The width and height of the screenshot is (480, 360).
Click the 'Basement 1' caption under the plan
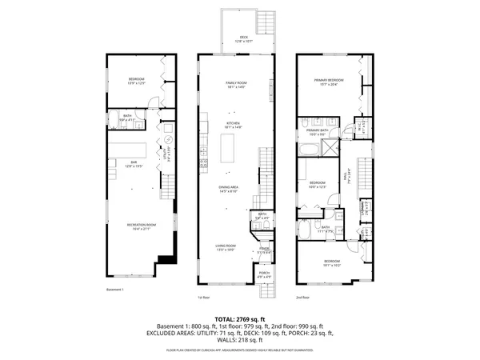click(x=116, y=290)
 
